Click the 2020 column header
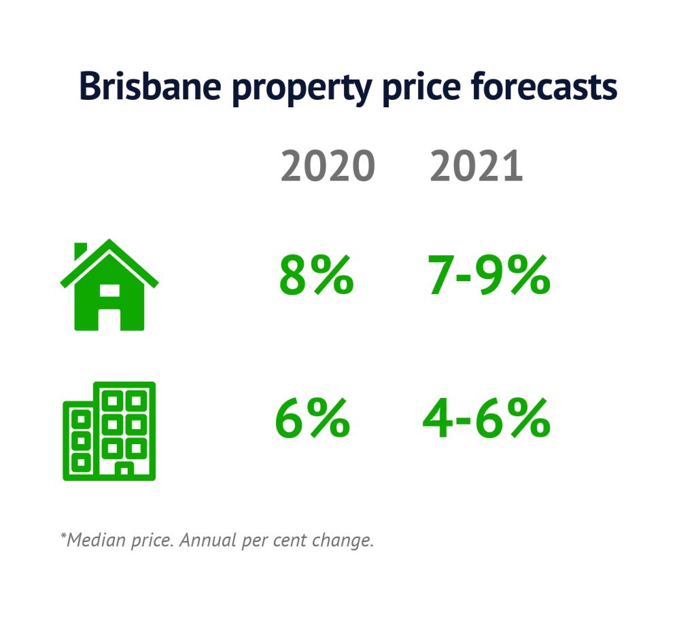pyautogui.click(x=328, y=166)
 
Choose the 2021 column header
pyautogui.click(x=476, y=166)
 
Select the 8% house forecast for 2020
pyautogui.click(x=316, y=276)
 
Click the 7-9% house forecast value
pyautogui.click(x=489, y=276)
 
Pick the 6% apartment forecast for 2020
pyautogui.click(x=312, y=418)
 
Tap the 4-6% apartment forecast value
pyautogui.click(x=486, y=418)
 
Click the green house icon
pyautogui.click(x=109, y=289)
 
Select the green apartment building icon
pyautogui.click(x=109, y=431)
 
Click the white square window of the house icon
pyautogui.click(x=109, y=291)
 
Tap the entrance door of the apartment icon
pyautogui.click(x=124, y=470)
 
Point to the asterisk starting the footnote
pyautogui.click(x=63, y=537)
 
